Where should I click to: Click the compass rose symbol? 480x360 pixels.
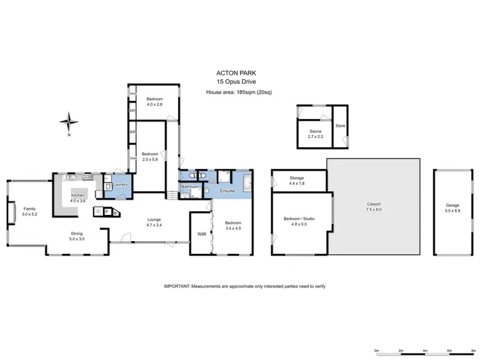[x=70, y=121]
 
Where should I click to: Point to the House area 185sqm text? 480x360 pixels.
[x=233, y=92]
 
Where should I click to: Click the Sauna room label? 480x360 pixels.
[x=315, y=132]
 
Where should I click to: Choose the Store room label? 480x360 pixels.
[x=340, y=125]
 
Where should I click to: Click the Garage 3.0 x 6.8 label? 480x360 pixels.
[x=452, y=208]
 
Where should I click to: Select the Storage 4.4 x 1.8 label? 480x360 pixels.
[x=298, y=181]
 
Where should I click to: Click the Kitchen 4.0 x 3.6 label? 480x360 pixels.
[x=78, y=198]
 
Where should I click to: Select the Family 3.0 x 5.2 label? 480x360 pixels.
[x=29, y=211]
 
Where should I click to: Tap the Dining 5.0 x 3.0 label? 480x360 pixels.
[x=77, y=236]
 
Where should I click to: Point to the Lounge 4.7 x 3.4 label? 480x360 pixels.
[x=154, y=222]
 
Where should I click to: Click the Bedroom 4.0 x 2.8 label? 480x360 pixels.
[x=154, y=102]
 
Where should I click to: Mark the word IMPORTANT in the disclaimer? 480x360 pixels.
[x=179, y=286]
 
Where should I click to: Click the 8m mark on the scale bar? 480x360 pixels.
[x=474, y=350]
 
